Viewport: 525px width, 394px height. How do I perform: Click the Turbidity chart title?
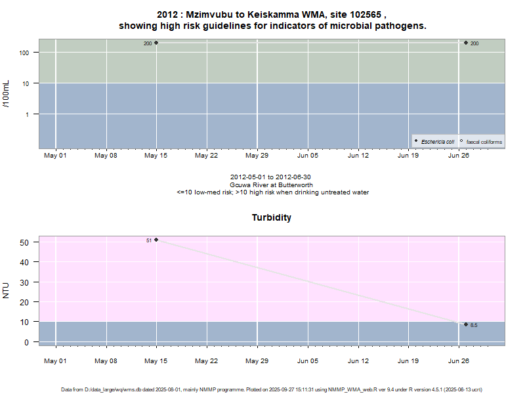tap(272, 217)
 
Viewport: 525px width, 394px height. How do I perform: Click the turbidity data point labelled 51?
tap(156, 240)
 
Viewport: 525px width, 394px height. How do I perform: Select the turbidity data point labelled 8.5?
tap(466, 324)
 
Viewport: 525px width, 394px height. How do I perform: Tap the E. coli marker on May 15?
tap(156, 43)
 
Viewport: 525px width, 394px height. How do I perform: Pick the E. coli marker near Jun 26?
tap(466, 43)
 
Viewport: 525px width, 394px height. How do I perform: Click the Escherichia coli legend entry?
tap(436, 141)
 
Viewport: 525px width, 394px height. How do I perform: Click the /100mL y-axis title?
tap(7, 93)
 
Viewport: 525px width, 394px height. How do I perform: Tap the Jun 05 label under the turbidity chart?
tap(308, 361)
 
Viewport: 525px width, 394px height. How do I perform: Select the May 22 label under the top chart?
tap(207, 156)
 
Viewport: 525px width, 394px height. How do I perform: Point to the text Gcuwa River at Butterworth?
tap(272, 185)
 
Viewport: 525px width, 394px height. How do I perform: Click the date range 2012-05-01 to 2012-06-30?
tap(272, 177)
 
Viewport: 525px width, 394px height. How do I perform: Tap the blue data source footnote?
tap(272, 389)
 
